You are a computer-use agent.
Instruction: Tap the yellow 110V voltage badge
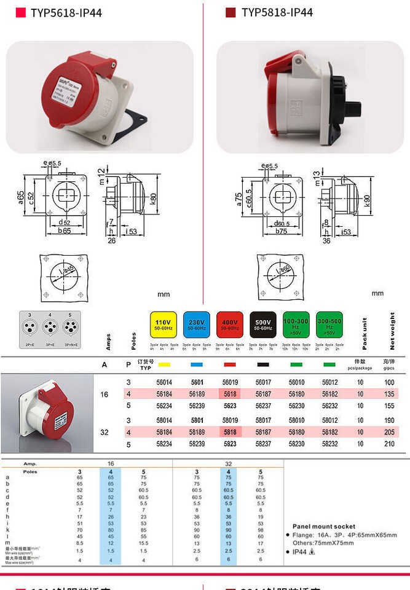163,324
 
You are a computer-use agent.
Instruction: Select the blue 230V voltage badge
196,324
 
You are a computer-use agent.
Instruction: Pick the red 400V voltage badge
229,324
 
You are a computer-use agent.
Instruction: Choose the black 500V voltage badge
262,324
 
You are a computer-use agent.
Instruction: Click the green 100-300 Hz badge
296,324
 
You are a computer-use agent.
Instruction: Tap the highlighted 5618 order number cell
230,394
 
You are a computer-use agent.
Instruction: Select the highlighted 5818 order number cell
230,432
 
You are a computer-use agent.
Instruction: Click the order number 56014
164,382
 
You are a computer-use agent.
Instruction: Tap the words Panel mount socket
323,527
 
